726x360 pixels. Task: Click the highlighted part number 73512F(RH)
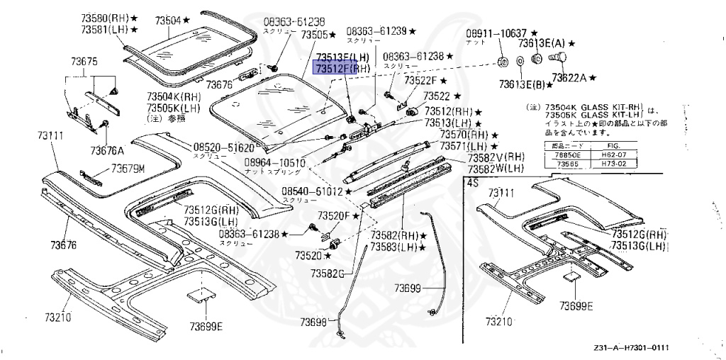click(343, 68)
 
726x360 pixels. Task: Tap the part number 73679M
click(128, 169)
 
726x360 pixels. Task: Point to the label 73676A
click(107, 150)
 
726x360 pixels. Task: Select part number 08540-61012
click(312, 191)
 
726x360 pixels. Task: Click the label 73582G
click(327, 273)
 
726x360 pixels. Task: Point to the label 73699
click(408, 288)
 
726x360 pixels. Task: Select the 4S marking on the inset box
click(472, 182)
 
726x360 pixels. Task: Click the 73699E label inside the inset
click(576, 306)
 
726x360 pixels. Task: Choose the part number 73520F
click(333, 215)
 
